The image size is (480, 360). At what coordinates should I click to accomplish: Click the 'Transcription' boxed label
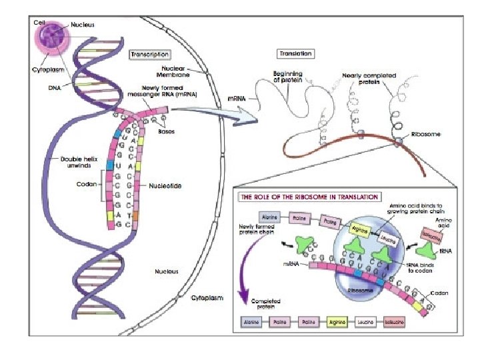point(150,55)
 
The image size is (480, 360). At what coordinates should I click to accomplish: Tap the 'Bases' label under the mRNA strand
point(166,131)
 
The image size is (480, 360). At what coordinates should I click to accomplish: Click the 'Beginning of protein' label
point(288,77)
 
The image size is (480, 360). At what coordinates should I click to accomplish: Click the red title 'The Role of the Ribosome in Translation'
point(309,197)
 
